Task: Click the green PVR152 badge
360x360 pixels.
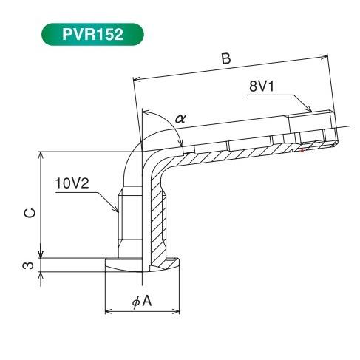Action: coord(92,34)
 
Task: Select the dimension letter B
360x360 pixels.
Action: coord(226,59)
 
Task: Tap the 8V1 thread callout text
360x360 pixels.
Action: coord(263,86)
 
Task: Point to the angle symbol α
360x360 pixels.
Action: coord(181,118)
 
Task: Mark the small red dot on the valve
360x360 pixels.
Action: coord(302,151)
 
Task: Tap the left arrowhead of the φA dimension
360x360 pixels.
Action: coord(109,309)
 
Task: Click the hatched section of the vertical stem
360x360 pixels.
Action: coord(156,222)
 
